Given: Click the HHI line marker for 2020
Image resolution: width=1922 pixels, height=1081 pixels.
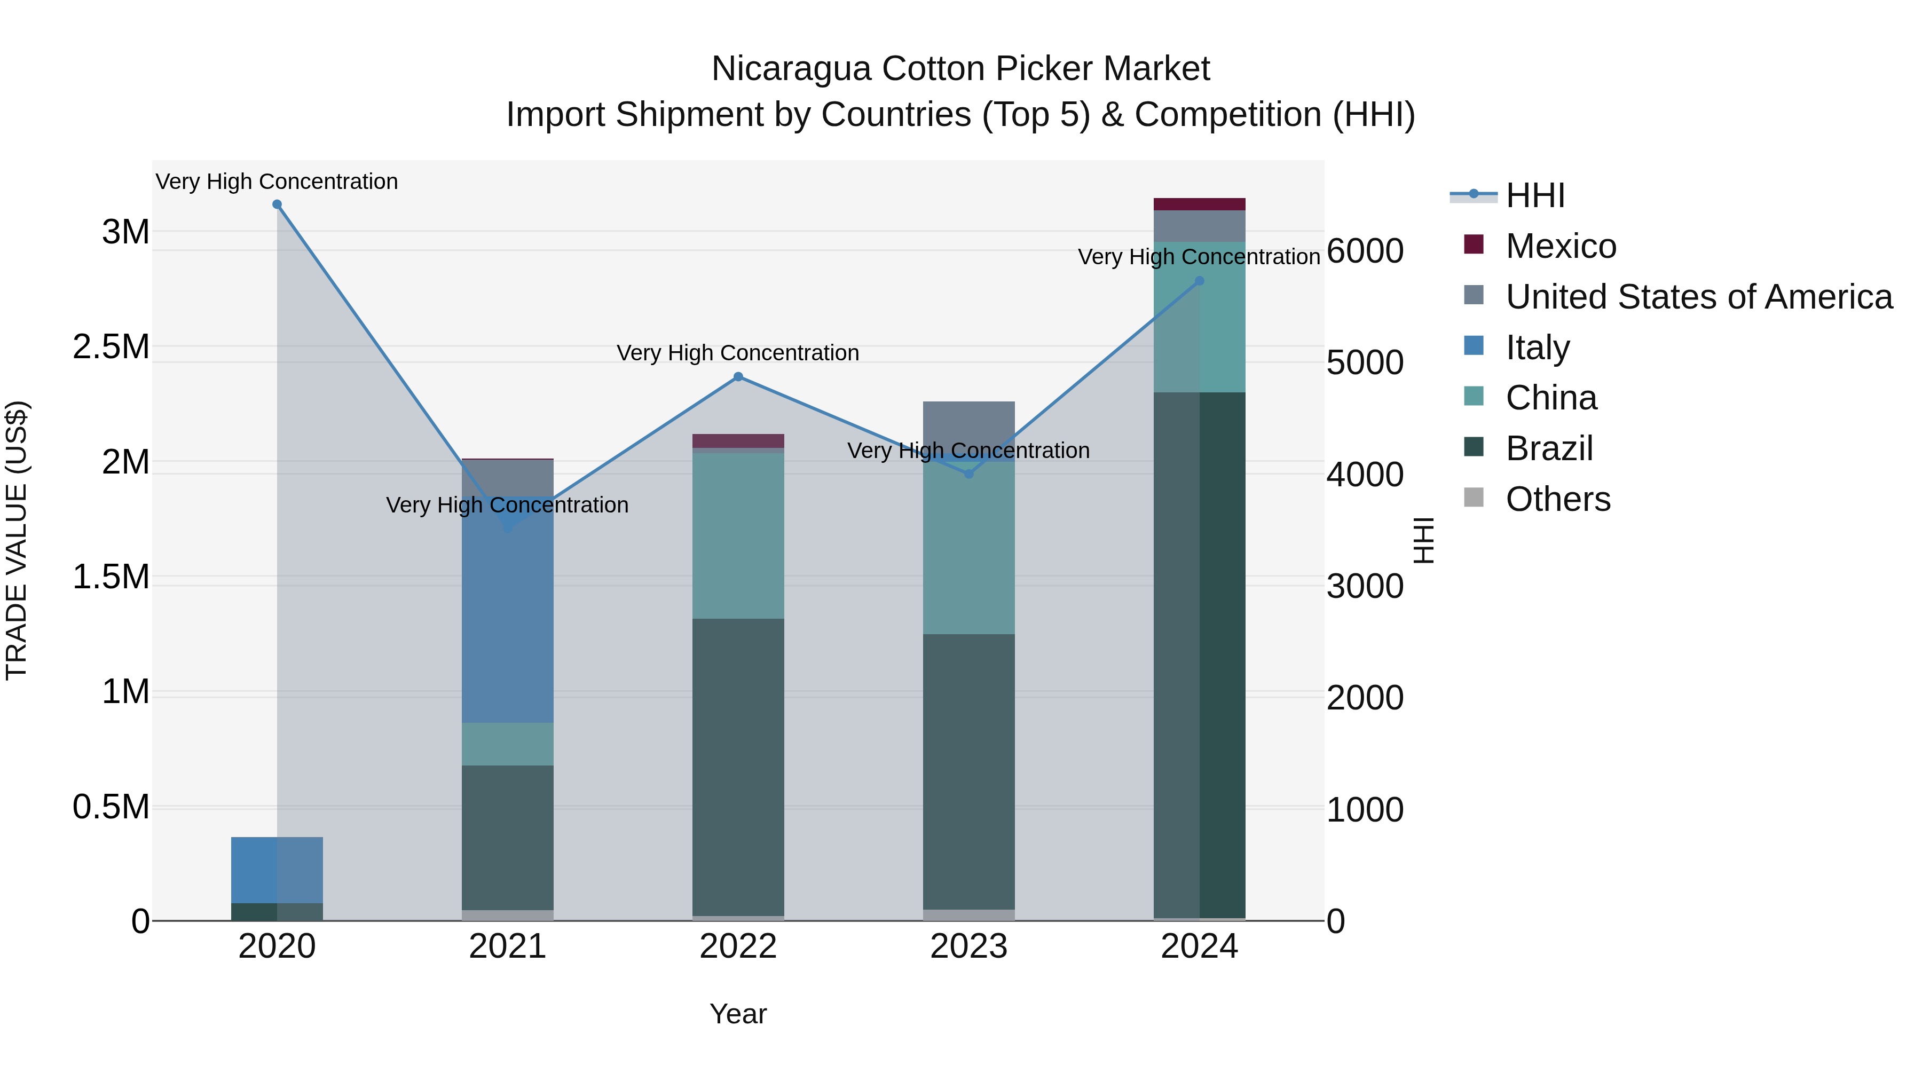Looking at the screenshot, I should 277,204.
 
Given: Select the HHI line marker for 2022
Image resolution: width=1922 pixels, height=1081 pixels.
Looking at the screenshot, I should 738,377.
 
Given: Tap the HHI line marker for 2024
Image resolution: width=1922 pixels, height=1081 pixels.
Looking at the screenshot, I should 1199,281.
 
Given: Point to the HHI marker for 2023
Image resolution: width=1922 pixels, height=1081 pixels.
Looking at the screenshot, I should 968,474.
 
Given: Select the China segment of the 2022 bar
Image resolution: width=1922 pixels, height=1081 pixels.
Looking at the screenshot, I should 738,535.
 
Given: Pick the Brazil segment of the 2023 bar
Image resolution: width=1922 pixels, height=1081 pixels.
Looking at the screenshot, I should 968,772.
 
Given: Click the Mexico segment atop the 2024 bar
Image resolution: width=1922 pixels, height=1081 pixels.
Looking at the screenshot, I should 1199,204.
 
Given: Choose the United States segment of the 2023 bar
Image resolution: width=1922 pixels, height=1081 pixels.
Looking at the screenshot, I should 968,425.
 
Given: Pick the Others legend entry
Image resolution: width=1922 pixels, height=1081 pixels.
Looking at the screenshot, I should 1557,499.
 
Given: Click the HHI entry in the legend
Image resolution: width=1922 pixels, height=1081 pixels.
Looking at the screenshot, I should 1535,195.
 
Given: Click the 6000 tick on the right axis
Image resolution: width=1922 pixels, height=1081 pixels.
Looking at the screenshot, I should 1365,251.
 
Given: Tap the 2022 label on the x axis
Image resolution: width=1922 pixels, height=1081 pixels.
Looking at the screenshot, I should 738,946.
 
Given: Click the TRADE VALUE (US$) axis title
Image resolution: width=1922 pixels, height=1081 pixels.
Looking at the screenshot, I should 17,540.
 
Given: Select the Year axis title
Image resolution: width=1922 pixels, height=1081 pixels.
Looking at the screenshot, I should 738,1014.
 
